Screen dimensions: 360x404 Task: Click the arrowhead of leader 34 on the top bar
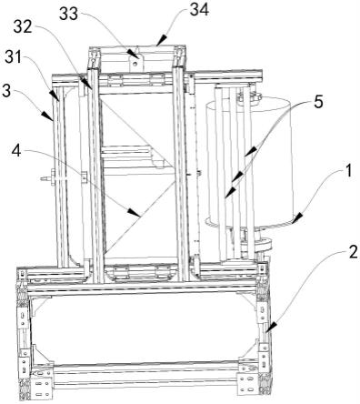click(x=155, y=43)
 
